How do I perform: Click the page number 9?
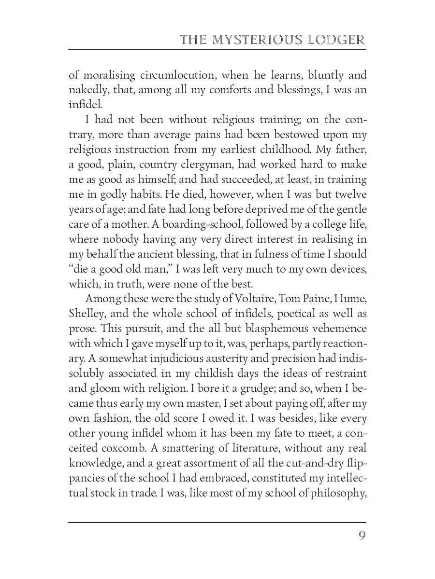(362, 537)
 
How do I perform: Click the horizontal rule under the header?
(217, 49)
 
